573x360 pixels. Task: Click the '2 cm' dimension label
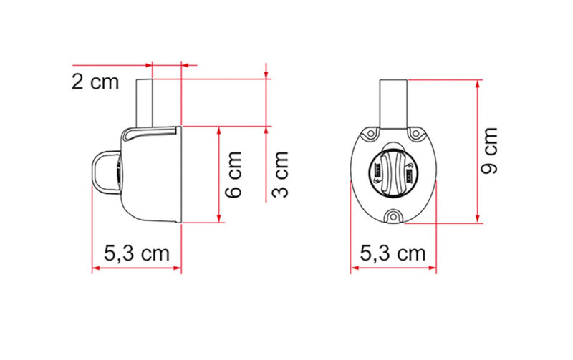(95, 82)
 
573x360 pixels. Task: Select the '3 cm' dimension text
(281, 173)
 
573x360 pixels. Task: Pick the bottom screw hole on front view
(393, 215)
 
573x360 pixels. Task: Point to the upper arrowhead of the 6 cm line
(218, 129)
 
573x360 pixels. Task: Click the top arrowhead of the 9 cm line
(476, 82)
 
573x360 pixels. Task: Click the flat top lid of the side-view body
(151, 132)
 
